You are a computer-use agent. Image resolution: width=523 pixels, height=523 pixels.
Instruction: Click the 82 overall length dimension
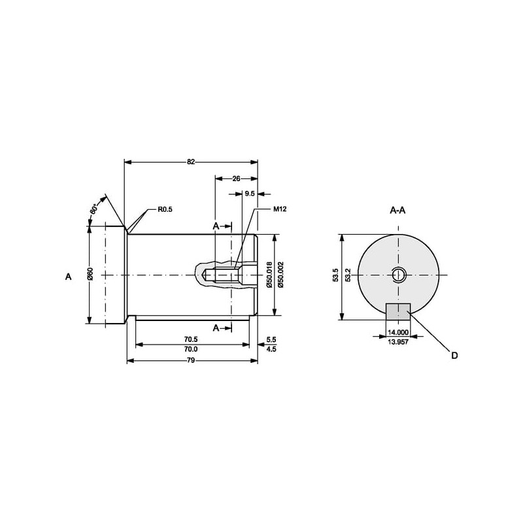tap(190, 161)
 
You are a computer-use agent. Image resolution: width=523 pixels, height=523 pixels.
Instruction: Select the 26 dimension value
tap(236, 178)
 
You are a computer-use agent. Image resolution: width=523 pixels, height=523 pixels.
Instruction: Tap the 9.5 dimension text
tap(250, 194)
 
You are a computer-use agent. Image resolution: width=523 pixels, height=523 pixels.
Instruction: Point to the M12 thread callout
tap(280, 209)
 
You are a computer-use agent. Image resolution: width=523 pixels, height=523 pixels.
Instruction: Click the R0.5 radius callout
tap(165, 210)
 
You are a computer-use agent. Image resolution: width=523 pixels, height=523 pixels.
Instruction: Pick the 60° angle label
tap(93, 209)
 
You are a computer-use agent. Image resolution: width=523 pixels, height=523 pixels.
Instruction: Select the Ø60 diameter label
tap(90, 274)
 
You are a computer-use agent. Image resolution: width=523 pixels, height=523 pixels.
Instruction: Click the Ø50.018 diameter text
tap(269, 275)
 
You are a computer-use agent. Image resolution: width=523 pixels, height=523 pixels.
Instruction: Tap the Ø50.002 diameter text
tap(280, 275)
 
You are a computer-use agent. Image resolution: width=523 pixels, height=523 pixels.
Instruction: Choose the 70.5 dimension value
tap(191, 339)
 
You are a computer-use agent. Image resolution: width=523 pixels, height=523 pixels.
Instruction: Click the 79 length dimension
tap(191, 361)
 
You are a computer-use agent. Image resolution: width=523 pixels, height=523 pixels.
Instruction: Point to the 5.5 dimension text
tap(271, 339)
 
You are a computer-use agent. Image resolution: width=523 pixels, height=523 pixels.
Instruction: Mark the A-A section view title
tap(397, 210)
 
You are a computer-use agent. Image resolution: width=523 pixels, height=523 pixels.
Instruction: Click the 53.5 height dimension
tap(335, 275)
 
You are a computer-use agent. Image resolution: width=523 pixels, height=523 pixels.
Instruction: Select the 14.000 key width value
tap(398, 333)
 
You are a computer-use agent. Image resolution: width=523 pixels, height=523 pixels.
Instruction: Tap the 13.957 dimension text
tap(398, 342)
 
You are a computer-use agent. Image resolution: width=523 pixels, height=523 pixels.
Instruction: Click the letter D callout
tap(454, 356)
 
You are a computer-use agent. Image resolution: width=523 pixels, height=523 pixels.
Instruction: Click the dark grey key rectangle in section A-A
tap(398, 312)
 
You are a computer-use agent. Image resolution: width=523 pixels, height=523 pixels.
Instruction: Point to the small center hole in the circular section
tap(398, 275)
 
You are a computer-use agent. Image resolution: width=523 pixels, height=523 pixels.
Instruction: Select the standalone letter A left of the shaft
tap(69, 277)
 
